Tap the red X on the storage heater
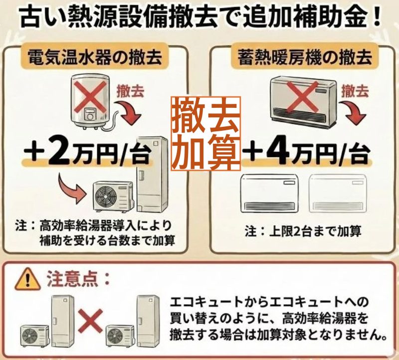click(x=302, y=97)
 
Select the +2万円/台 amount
click(x=86, y=153)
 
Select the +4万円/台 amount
click(x=306, y=153)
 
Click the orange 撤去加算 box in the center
click(x=205, y=133)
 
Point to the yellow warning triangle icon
click(x=28, y=280)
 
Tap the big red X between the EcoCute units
click(x=90, y=322)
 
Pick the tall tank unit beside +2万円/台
click(x=152, y=174)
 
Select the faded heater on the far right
click(x=337, y=193)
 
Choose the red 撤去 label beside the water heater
click(x=130, y=91)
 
